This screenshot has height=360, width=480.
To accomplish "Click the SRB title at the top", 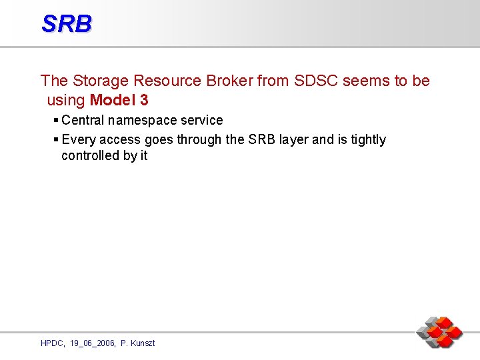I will pos(66,24).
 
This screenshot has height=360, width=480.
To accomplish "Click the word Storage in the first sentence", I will pos(101,81).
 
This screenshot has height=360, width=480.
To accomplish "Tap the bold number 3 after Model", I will pos(144,101).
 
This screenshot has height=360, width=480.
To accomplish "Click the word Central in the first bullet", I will pos(83,121).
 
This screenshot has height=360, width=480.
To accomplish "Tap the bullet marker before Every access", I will pos(56,139).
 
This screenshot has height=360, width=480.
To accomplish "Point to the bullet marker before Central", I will pos(56,120).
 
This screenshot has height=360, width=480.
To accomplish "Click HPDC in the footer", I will pos(52,343).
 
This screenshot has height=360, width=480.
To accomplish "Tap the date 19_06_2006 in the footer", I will pos(91,343).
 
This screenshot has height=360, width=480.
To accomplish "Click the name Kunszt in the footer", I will pos(142,343).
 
